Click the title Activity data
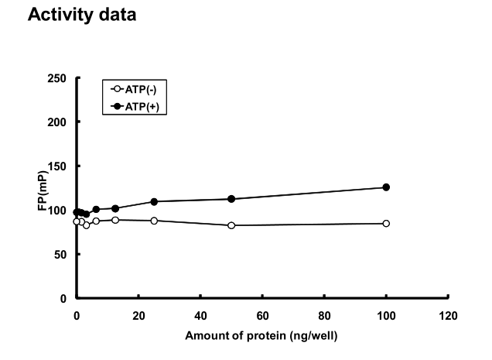tap(81, 15)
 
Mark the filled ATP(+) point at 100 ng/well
tap(386, 187)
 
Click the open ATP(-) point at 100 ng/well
tap(386, 224)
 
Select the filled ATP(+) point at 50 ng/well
tap(231, 199)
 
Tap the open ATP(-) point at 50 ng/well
tap(231, 225)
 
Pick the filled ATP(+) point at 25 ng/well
tap(154, 201)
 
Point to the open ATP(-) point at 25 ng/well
tap(154, 221)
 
